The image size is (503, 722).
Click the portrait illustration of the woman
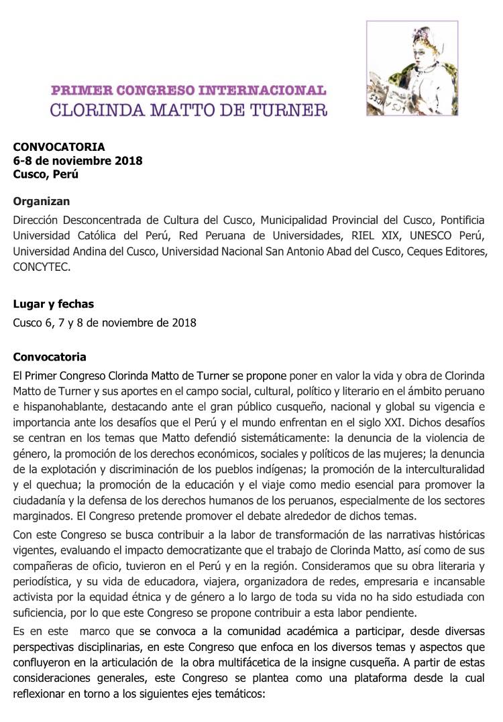(412, 68)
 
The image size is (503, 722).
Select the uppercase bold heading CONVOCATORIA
(59, 147)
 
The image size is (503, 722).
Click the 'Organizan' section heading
(42, 201)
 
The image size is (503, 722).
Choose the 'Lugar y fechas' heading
(54, 304)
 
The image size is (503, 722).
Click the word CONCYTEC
(41, 266)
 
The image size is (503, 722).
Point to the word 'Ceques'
(419, 251)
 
